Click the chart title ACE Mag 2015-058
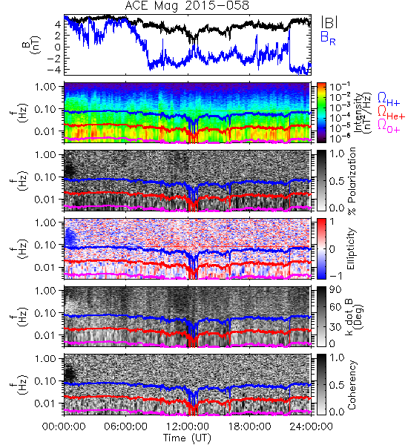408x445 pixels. coord(187,5)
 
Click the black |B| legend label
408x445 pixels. coord(329,22)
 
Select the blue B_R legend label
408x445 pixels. coord(328,38)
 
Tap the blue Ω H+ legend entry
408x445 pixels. coord(389,99)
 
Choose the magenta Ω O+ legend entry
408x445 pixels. coord(389,125)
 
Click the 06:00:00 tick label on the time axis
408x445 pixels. coord(126,426)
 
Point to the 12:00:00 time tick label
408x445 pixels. coord(188,426)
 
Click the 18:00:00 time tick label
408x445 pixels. coord(249,426)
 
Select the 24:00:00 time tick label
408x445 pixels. coord(311,426)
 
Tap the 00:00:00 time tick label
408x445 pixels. coord(64,426)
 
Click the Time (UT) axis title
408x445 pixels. coord(188,438)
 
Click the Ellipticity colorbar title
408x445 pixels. coord(351,249)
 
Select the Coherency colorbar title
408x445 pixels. coord(351,385)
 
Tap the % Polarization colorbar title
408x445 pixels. coord(352,181)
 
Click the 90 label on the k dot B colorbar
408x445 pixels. coord(335,290)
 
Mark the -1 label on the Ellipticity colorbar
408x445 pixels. coord(335,276)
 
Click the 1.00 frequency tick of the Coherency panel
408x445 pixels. coord(45,359)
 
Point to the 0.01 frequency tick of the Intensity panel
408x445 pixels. coord(45,131)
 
